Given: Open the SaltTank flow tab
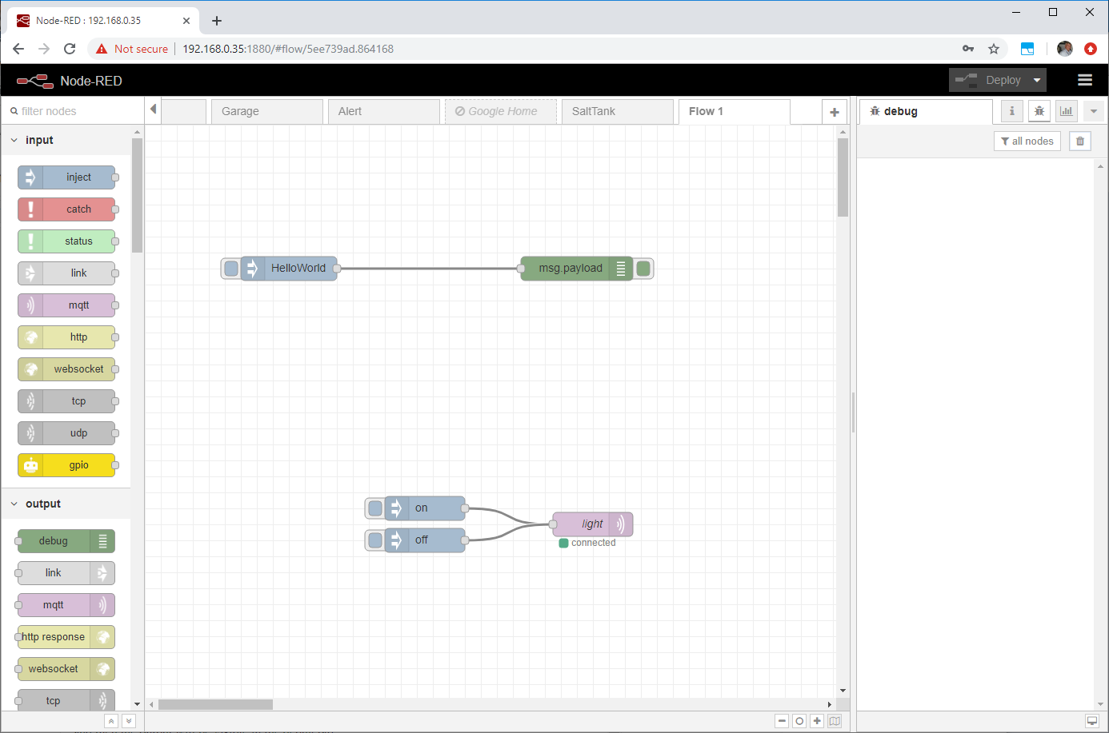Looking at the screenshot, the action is (x=617, y=111).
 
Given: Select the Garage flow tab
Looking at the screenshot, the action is (x=267, y=111).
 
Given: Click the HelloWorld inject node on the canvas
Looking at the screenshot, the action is (x=289, y=269).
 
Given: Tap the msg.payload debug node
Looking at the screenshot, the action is (x=576, y=269).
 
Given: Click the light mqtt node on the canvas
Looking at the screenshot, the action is (x=592, y=524).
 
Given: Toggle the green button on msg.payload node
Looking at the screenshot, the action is (x=643, y=269).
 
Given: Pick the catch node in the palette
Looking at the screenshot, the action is (x=66, y=209).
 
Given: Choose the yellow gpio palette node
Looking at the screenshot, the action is (x=66, y=465).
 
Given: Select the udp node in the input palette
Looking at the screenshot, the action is (x=66, y=433).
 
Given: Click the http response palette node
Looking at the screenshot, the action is (x=66, y=637).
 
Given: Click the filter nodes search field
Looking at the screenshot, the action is (x=74, y=111).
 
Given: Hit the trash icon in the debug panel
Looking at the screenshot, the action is (x=1079, y=141).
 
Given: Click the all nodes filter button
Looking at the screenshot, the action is (x=1027, y=141).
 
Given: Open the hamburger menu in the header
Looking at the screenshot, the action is (x=1085, y=80).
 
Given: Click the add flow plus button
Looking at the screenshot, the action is (x=835, y=112).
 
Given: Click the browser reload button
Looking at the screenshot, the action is (x=70, y=49).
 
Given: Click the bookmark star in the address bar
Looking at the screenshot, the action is (x=994, y=49).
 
